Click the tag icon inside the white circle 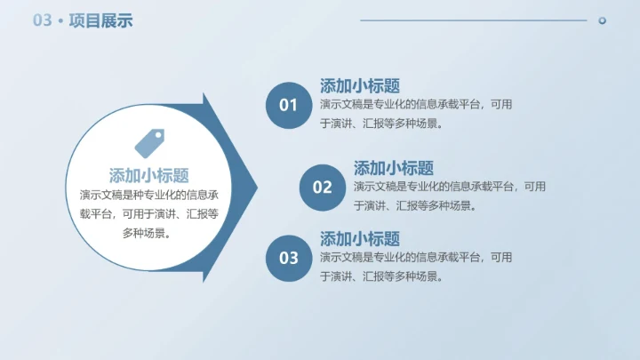[x=148, y=142]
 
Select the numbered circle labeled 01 [x=288, y=105]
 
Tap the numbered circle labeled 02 [x=322, y=187]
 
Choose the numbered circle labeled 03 [x=288, y=258]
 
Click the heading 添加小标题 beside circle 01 [x=359, y=86]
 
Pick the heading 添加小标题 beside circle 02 [x=393, y=168]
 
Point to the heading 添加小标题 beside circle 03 [x=359, y=239]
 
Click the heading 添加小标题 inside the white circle [x=148, y=175]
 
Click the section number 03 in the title [x=43, y=20]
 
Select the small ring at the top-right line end [x=602, y=20]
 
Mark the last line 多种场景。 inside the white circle [x=147, y=234]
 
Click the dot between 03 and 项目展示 [x=60, y=21]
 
